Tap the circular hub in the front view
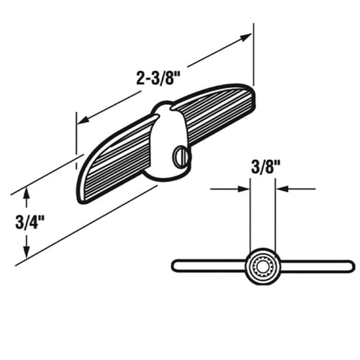[x=261, y=266]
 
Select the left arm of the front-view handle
[x=209, y=266]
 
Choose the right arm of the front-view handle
[x=313, y=266]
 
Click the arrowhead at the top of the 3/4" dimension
[x=27, y=192]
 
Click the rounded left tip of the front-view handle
[x=176, y=266]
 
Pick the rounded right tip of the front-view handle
[x=351, y=266]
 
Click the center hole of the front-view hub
[x=261, y=266]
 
